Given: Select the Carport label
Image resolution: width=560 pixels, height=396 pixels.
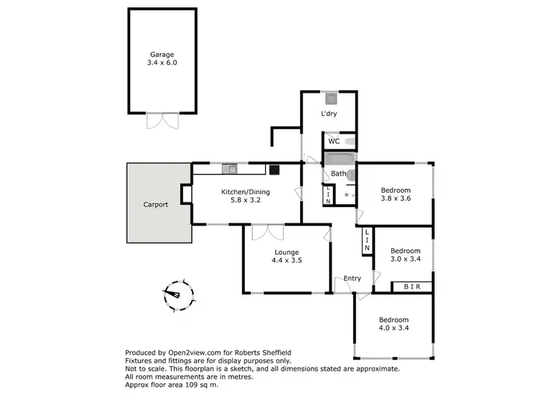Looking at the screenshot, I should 155,204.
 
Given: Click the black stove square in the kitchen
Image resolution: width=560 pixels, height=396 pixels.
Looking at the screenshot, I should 274,169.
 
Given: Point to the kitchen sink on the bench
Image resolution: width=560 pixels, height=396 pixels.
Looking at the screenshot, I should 226,166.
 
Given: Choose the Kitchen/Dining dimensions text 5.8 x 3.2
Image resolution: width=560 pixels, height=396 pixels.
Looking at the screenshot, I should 245,201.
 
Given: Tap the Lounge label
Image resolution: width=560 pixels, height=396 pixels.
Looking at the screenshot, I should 286,252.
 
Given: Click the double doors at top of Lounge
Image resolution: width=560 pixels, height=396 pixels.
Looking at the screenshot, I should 267,232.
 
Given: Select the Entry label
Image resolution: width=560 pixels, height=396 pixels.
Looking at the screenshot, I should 352,279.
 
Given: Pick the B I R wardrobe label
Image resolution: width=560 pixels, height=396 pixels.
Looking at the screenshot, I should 412,286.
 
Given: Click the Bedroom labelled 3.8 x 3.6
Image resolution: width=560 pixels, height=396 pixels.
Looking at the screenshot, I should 395,195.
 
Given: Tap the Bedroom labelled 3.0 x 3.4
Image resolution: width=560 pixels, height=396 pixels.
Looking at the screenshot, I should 405,256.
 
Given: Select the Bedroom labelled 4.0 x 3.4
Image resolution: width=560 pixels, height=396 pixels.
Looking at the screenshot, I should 393,322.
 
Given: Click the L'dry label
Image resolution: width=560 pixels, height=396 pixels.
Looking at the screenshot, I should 329,114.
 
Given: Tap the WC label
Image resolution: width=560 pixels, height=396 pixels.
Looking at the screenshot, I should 334,140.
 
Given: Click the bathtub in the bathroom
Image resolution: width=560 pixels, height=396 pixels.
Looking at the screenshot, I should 340,159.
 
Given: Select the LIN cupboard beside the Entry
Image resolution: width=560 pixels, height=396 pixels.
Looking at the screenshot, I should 367,240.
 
